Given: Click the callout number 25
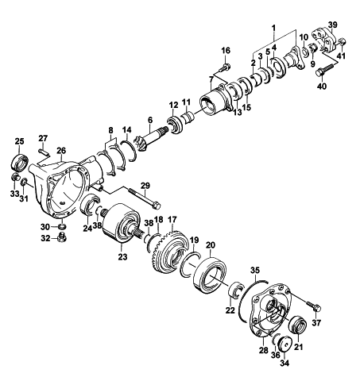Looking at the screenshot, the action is coord(19,141).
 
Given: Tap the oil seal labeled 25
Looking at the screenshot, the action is coord(20,163).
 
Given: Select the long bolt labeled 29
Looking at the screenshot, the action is coord(145,198).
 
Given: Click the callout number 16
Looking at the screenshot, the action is coord(226,50).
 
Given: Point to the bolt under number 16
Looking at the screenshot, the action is coord(224,67).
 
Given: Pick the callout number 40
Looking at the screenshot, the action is coord(322,86).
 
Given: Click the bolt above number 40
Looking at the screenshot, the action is coord(324,70).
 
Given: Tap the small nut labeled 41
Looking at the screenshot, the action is coord(342,42).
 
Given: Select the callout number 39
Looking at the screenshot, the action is coord(333,25).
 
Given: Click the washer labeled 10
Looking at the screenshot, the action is coord(305,52).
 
